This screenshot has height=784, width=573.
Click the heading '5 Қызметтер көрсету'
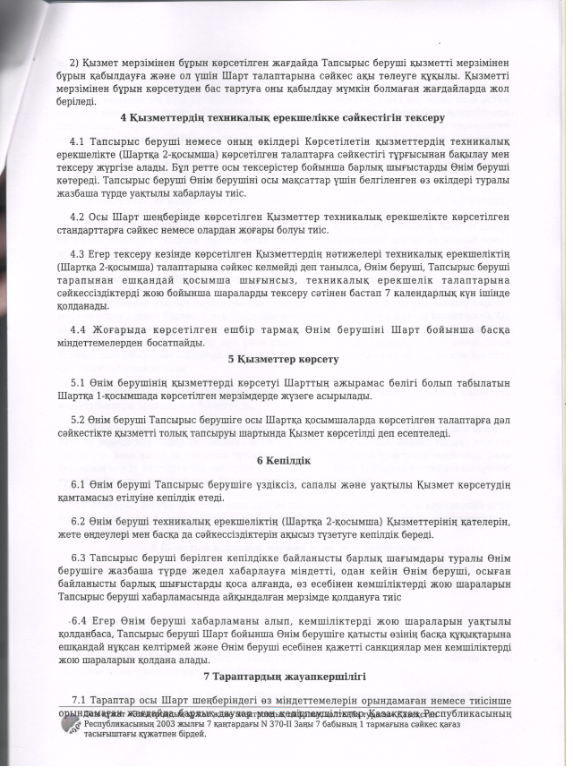click(283, 360)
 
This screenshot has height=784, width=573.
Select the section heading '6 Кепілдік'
click(284, 461)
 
